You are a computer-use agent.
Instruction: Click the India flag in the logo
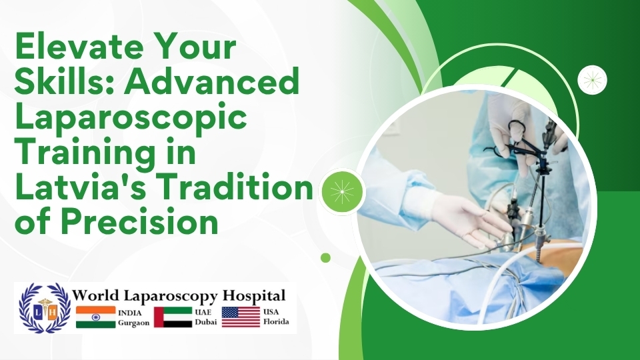tap(95, 317)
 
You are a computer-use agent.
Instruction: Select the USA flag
tap(241, 317)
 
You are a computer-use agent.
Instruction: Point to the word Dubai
tap(201, 322)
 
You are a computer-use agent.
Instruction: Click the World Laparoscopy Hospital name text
tap(179, 295)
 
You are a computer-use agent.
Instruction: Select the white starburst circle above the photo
tap(591, 81)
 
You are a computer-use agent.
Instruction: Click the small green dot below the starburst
tap(325, 257)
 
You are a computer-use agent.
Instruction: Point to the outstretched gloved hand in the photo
tap(467, 220)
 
